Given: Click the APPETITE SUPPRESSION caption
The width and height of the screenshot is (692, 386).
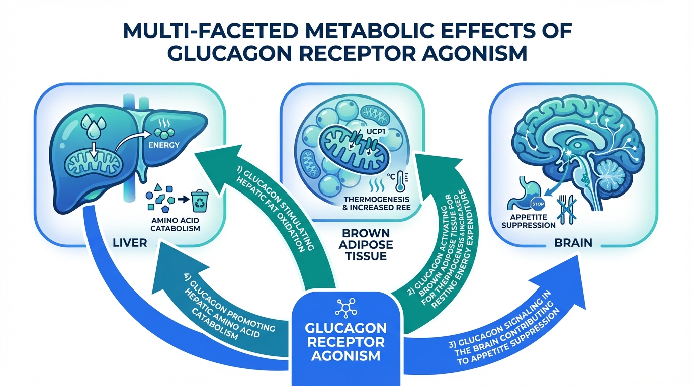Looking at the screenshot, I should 528,222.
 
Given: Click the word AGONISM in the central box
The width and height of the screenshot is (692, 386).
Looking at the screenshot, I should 347,357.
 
